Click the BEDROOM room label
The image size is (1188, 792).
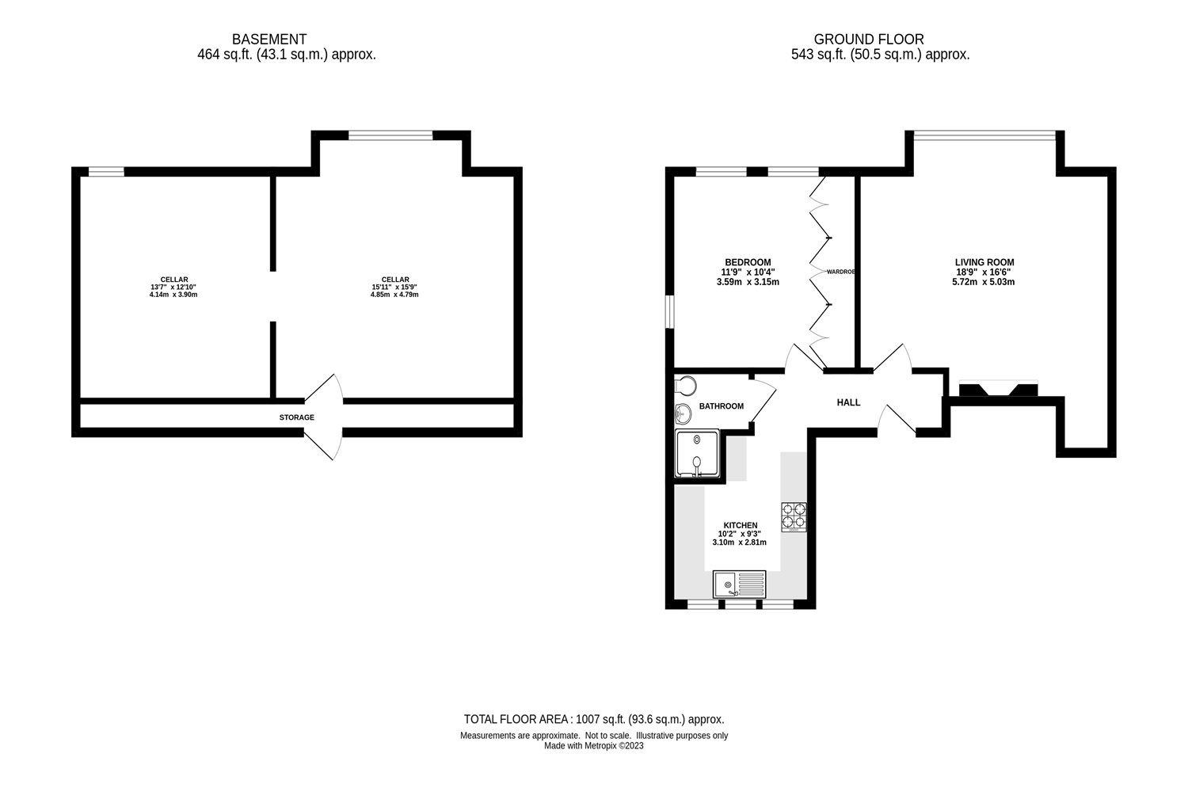pyautogui.click(x=748, y=262)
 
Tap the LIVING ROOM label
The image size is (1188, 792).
pyautogui.click(x=984, y=262)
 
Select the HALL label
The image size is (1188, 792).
pyautogui.click(x=848, y=402)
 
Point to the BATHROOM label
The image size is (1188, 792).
pyautogui.click(x=722, y=406)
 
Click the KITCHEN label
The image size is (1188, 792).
pyautogui.click(x=741, y=525)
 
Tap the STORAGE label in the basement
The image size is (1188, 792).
pyautogui.click(x=297, y=417)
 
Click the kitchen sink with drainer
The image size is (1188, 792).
pyautogui.click(x=739, y=584)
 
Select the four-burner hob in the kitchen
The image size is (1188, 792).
pyautogui.click(x=794, y=516)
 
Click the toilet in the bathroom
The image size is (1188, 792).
pyautogui.click(x=685, y=386)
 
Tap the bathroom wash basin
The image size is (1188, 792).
pyautogui.click(x=683, y=413)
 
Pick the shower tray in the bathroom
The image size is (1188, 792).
pyautogui.click(x=698, y=454)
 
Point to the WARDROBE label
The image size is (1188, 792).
pyautogui.click(x=840, y=272)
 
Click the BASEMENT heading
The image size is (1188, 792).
pyautogui.click(x=269, y=40)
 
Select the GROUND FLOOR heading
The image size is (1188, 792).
pyautogui.click(x=869, y=40)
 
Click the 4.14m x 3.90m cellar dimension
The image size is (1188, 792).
pyautogui.click(x=173, y=295)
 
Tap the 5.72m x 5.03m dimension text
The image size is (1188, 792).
pyautogui.click(x=984, y=282)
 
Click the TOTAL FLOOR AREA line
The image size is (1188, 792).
pyautogui.click(x=594, y=719)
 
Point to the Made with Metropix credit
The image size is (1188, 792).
pyautogui.click(x=594, y=745)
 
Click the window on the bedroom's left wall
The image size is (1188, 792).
pyautogui.click(x=670, y=312)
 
